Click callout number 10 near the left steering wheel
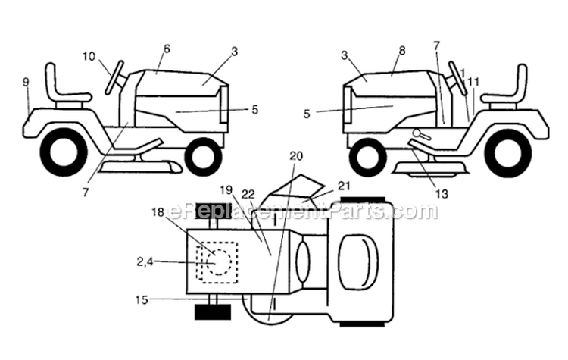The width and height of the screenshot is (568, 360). tap(89, 55)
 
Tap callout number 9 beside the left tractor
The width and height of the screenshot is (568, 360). tap(27, 81)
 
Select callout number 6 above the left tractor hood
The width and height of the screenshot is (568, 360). tap(167, 49)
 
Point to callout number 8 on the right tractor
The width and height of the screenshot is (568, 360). tap(402, 50)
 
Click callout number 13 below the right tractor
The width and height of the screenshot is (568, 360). tap(442, 194)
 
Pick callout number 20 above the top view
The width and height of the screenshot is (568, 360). tap(296, 155)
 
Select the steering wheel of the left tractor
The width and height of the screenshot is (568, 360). tap(115, 77)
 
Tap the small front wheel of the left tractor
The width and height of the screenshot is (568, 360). tap(203, 156)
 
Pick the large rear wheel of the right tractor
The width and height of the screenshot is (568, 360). tap(507, 152)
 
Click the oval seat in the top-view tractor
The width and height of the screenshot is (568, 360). tap(357, 261)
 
